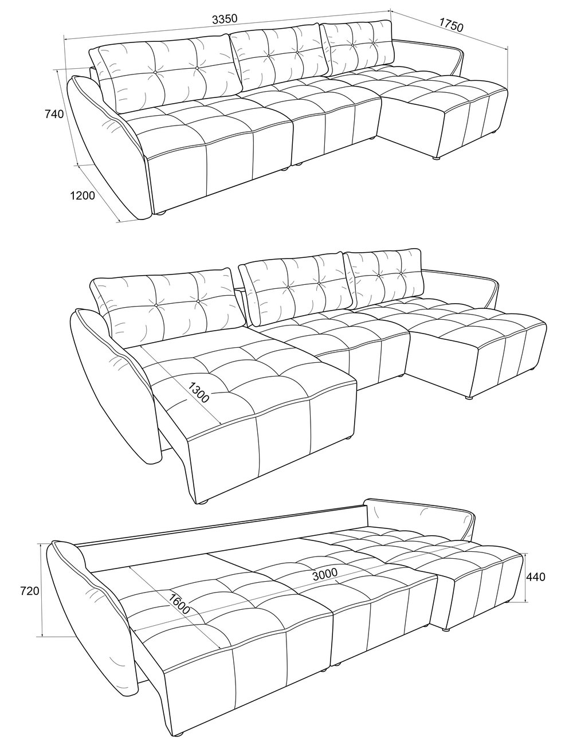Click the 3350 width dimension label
(x=224, y=19)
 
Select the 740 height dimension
(x=54, y=114)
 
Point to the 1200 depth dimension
(x=83, y=196)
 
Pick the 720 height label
(x=29, y=591)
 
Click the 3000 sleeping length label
(x=325, y=575)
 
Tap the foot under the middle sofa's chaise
(x=469, y=398)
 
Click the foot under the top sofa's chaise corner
(x=436, y=158)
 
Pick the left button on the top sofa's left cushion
(x=155, y=72)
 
